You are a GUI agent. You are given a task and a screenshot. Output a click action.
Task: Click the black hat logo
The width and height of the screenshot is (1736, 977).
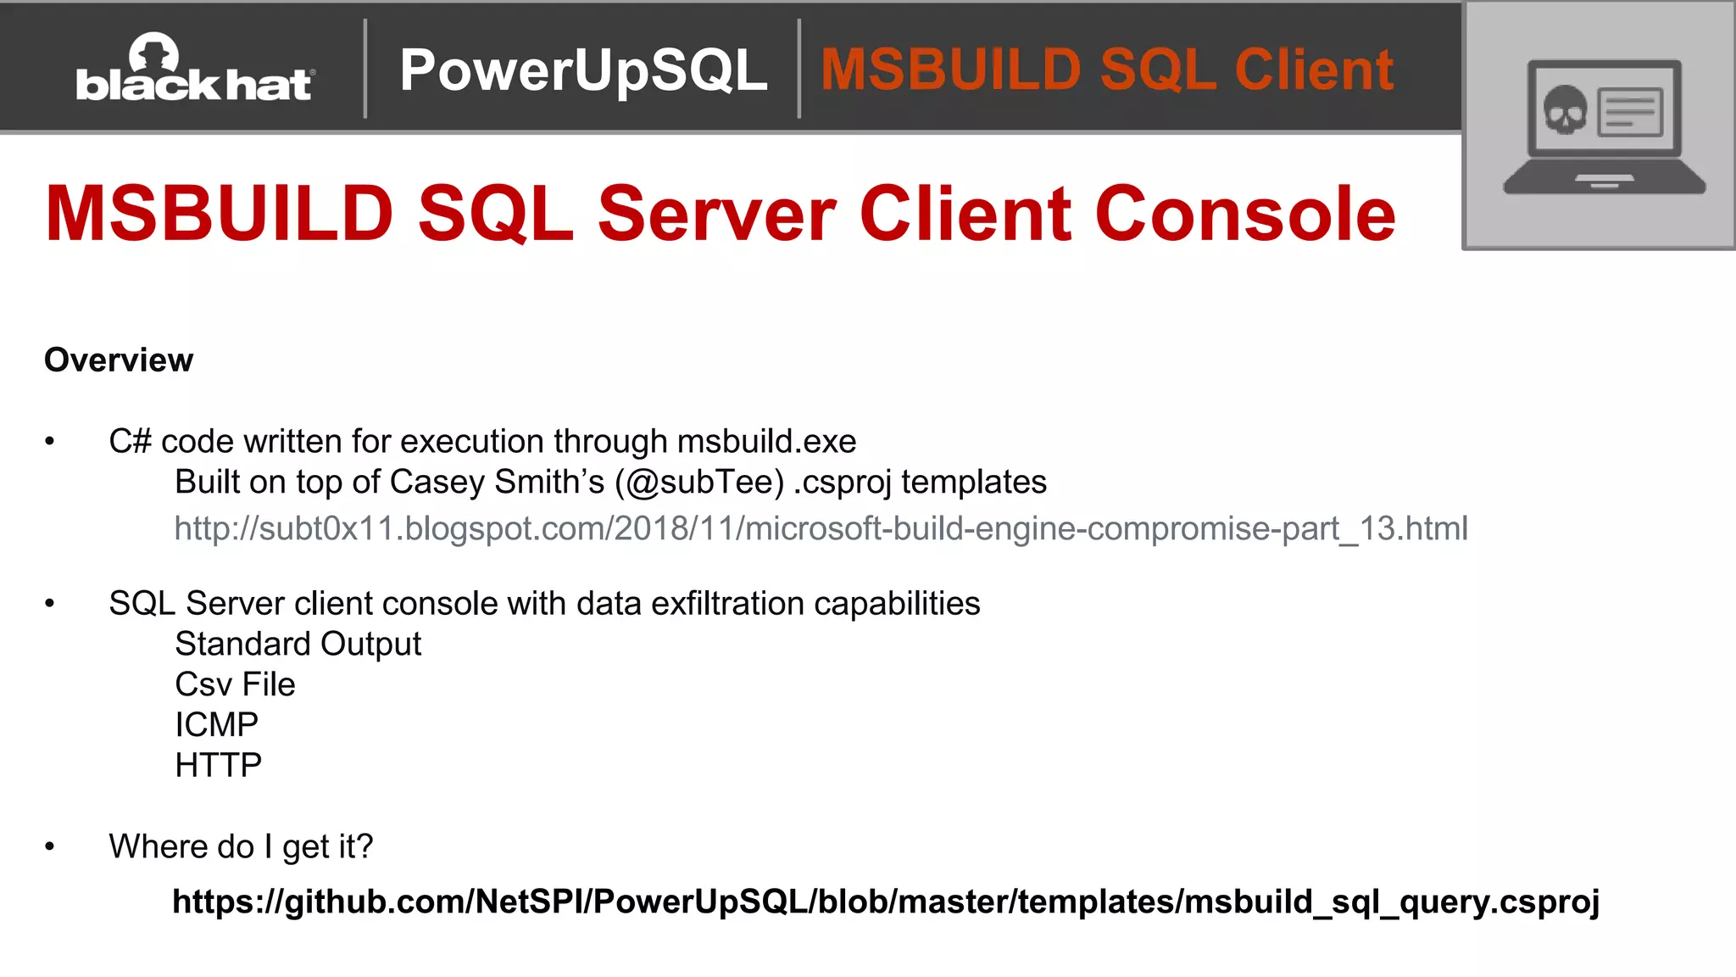click(x=195, y=70)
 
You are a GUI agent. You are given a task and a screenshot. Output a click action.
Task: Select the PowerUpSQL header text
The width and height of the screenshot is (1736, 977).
click(x=583, y=70)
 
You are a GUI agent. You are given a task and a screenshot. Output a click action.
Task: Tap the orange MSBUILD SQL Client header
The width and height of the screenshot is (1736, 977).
click(x=1106, y=70)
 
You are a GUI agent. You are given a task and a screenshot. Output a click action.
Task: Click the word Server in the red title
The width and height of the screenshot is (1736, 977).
click(x=716, y=214)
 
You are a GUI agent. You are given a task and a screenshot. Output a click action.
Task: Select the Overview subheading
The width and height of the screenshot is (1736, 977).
click(x=119, y=360)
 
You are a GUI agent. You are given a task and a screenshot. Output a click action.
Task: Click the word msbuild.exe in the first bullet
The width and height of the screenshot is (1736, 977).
click(x=766, y=442)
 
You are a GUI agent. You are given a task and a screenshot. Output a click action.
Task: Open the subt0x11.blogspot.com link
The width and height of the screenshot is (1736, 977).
click(x=821, y=529)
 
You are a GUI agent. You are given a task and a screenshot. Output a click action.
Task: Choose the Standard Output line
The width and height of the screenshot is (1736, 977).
click(x=298, y=645)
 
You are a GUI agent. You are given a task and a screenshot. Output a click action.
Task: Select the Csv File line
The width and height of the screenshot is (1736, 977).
click(x=235, y=684)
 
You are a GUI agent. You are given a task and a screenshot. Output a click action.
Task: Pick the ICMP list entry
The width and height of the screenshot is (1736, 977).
click(x=216, y=725)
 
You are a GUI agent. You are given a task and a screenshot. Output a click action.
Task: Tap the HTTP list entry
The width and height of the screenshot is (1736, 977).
click(x=218, y=766)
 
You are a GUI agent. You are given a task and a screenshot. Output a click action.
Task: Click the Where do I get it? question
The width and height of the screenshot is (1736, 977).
click(x=241, y=847)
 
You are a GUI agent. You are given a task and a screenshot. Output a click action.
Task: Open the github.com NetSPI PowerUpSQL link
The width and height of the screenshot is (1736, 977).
click(x=886, y=902)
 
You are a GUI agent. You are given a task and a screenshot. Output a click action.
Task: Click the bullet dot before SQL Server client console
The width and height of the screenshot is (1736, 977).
click(x=50, y=604)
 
